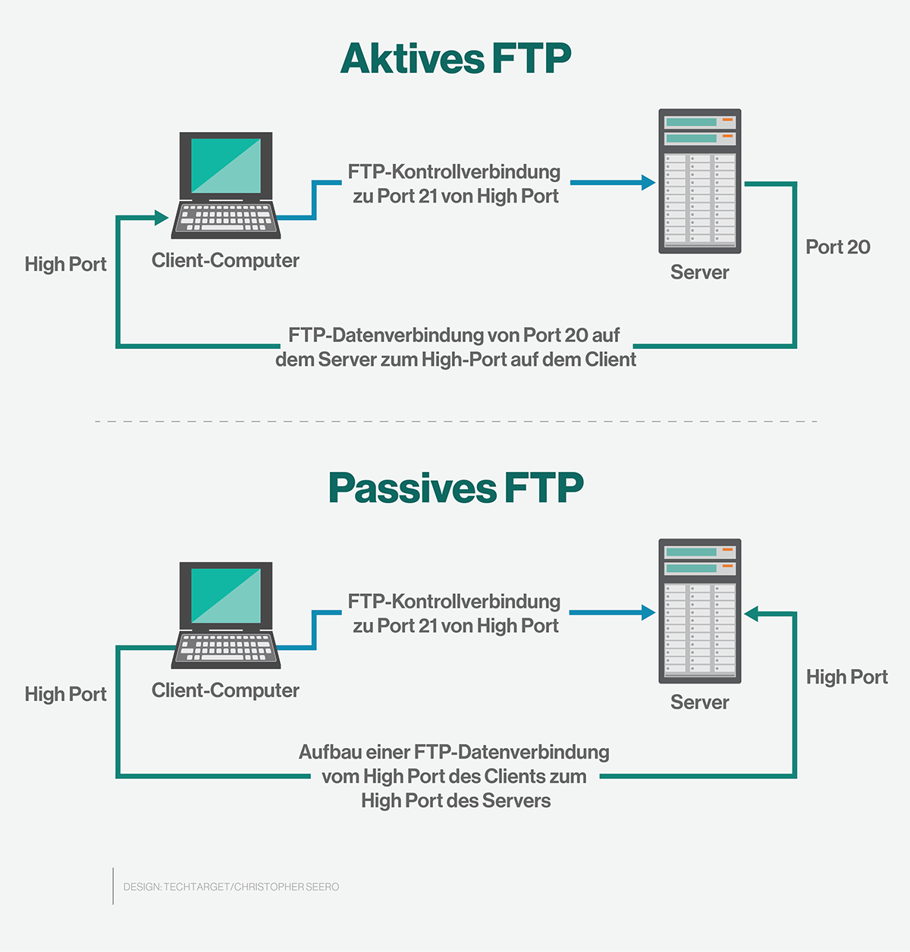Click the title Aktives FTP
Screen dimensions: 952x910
coord(455,59)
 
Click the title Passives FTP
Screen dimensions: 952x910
coord(455,489)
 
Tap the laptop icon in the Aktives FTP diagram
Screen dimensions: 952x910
coord(226,186)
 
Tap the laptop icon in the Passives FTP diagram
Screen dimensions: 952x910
coord(226,615)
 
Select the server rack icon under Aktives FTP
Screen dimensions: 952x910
coord(699,181)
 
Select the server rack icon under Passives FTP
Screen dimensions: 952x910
coord(699,611)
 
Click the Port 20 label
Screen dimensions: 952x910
coord(837,247)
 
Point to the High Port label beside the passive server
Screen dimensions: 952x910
coord(846,677)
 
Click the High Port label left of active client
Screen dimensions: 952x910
coord(65,265)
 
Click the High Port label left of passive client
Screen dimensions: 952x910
coord(65,695)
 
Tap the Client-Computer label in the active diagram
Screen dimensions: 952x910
coord(225,261)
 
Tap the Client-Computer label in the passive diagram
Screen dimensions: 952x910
coord(225,691)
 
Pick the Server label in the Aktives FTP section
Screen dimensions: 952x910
coord(699,273)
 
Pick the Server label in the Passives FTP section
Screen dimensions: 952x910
coord(699,703)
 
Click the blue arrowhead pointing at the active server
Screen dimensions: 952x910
coord(648,183)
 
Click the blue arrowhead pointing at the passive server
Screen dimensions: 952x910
coord(648,613)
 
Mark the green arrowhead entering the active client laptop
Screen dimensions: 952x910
coord(161,218)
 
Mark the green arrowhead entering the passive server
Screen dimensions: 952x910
coord(752,614)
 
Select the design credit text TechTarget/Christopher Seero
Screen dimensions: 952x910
coord(231,887)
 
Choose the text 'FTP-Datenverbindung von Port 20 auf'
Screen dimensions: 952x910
coord(454,335)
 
